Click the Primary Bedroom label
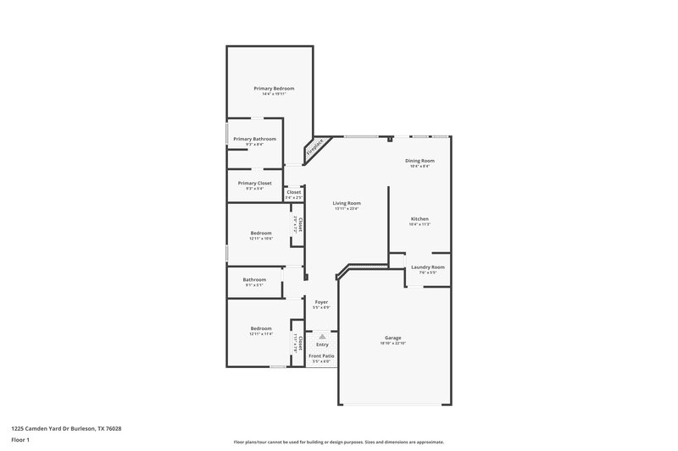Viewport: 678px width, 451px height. pos(275,88)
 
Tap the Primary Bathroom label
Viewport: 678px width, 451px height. pos(254,139)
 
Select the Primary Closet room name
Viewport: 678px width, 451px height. pos(254,183)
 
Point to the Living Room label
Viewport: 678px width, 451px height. pos(347,203)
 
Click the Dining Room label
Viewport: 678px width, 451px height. pos(420,161)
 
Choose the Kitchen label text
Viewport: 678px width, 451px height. pos(420,218)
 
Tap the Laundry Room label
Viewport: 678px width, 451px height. pos(427,267)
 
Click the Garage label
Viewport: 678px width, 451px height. pos(392,338)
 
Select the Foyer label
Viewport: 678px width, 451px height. pos(322,302)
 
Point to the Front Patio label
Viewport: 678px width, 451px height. pos(321,356)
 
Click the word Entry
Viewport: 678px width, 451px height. pos(322,344)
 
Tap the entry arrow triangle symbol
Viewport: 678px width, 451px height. pos(322,336)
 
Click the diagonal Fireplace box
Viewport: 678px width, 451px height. pos(317,149)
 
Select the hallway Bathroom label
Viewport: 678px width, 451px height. pos(254,279)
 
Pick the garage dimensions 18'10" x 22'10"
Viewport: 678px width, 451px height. pos(392,344)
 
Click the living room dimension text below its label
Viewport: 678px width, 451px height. pos(347,209)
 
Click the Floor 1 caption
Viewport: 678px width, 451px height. pos(20,440)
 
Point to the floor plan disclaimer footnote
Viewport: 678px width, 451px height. pos(339,442)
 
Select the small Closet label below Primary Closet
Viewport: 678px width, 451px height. pos(294,192)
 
